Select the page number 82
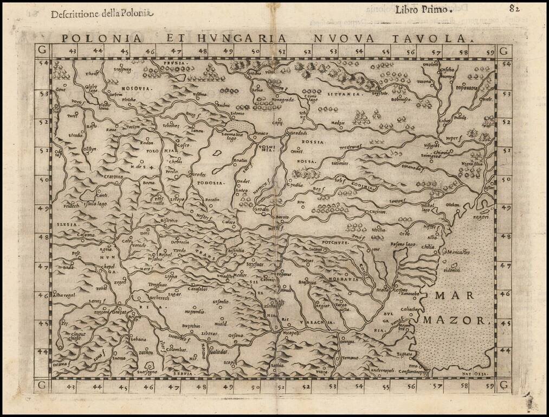click(x=514, y=8)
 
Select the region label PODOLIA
click(x=210, y=183)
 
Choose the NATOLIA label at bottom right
click(x=477, y=374)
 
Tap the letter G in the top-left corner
click(x=40, y=51)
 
